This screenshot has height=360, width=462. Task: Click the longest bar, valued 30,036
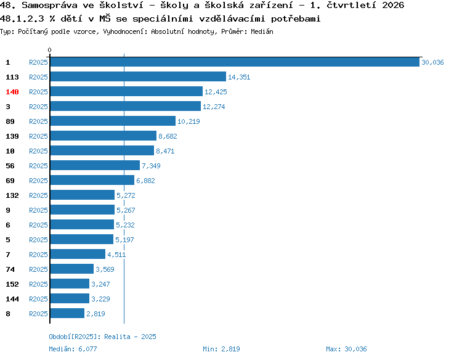(235, 62)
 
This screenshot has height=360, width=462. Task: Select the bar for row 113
(138, 76)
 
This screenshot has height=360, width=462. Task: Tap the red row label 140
(12, 92)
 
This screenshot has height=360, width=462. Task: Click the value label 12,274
(214, 107)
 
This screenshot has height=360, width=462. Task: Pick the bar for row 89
(113, 121)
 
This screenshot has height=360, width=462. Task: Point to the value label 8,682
(168, 136)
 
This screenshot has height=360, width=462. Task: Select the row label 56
(10, 166)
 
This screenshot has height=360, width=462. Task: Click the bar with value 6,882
(92, 180)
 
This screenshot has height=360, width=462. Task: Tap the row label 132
(12, 195)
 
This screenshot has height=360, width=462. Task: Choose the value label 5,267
(126, 210)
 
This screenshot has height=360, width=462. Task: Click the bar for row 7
(78, 254)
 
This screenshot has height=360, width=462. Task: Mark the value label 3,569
(105, 269)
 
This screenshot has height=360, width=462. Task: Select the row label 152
(12, 284)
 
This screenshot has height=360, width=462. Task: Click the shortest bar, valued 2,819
(67, 313)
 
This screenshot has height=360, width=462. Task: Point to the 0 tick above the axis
(49, 50)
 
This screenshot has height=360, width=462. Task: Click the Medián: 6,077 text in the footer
(73, 349)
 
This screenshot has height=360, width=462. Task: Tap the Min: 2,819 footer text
(221, 349)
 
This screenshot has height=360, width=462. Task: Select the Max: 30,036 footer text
(346, 349)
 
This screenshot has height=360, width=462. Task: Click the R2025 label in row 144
(38, 299)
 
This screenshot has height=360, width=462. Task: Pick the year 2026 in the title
(393, 5)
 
